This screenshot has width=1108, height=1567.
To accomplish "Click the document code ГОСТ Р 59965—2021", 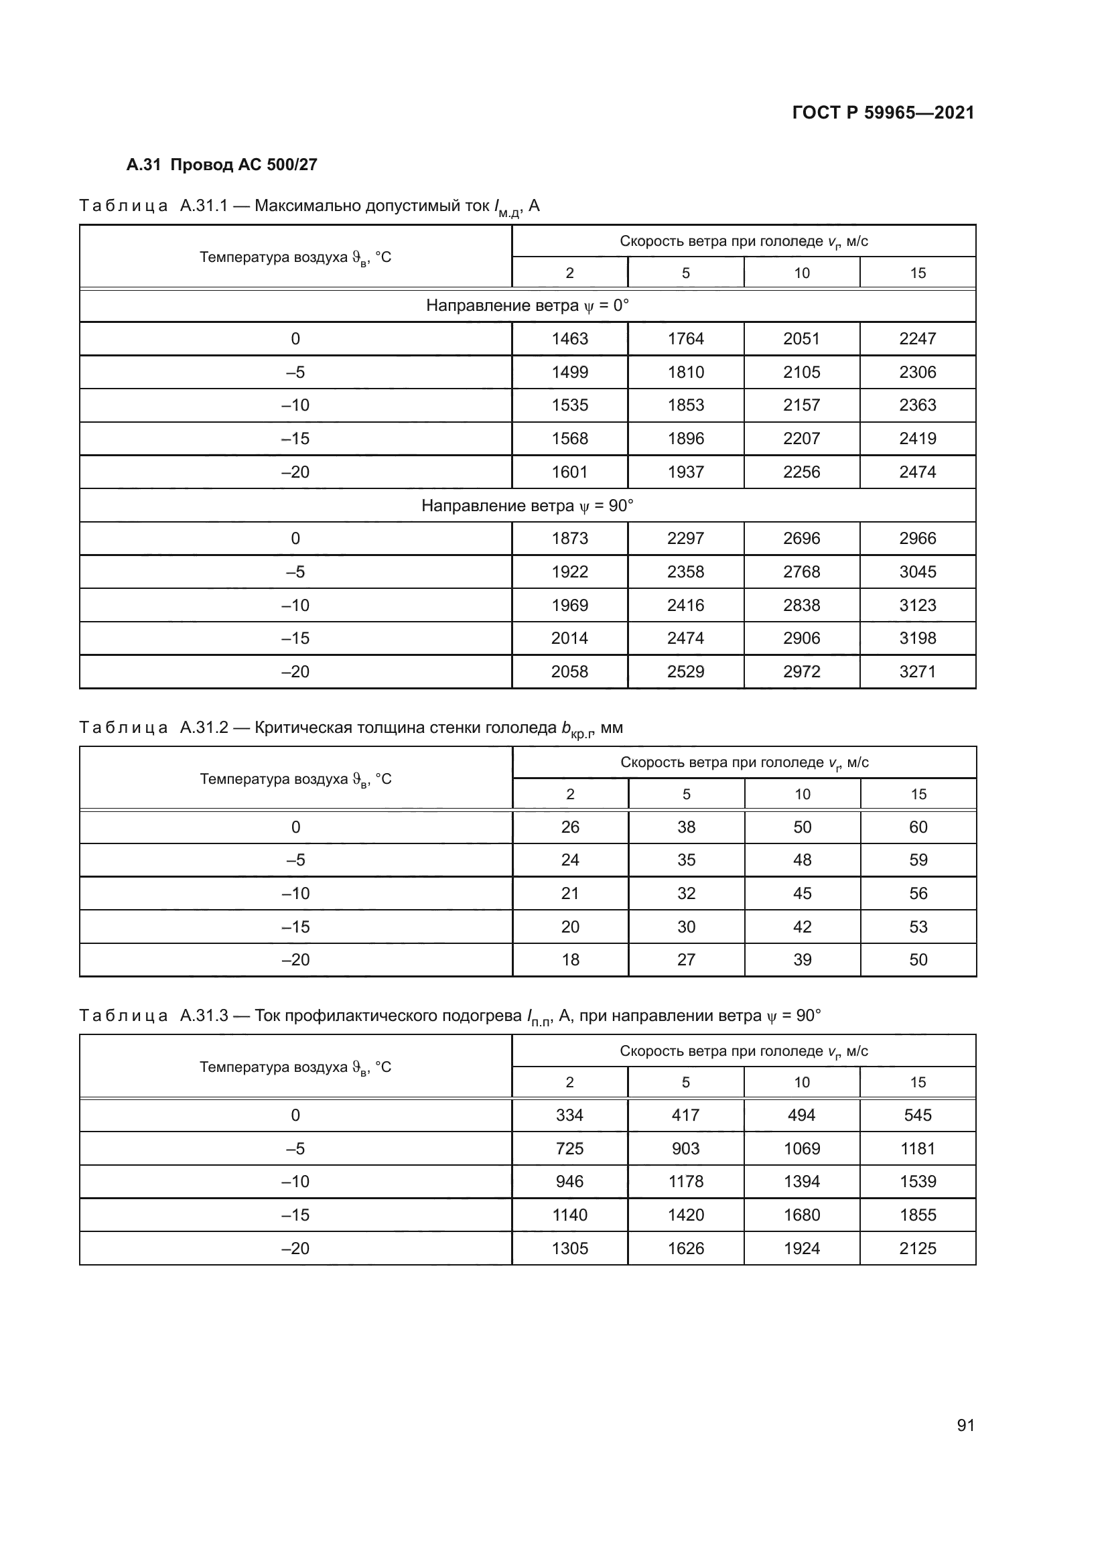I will coord(883,113).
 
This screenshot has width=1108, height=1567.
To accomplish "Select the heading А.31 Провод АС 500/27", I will coord(222,165).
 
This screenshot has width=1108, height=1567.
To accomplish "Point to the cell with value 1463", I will coord(569,338).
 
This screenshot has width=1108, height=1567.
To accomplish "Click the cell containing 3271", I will coord(918,671).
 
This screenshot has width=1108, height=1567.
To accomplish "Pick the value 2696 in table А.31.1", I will coord(802,539).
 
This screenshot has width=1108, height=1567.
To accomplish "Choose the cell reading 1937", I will coord(686,472).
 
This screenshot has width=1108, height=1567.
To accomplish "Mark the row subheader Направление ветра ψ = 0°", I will coord(527,305).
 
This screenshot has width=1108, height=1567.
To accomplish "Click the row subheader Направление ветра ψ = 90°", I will coord(527,506).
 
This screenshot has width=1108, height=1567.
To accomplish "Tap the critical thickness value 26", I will coord(569,827).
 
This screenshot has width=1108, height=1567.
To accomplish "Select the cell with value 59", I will coord(918,860).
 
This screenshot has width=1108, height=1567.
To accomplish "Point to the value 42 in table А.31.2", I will coord(803,927).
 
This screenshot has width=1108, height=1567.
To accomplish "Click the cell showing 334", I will coord(569,1115).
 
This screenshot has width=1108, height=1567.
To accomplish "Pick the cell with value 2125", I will coord(918,1248).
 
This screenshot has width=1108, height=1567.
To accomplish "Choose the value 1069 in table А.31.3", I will coord(802,1149).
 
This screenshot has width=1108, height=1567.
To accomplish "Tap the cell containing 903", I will coord(686,1149).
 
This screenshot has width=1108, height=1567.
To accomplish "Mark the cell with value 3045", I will coord(918,572).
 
